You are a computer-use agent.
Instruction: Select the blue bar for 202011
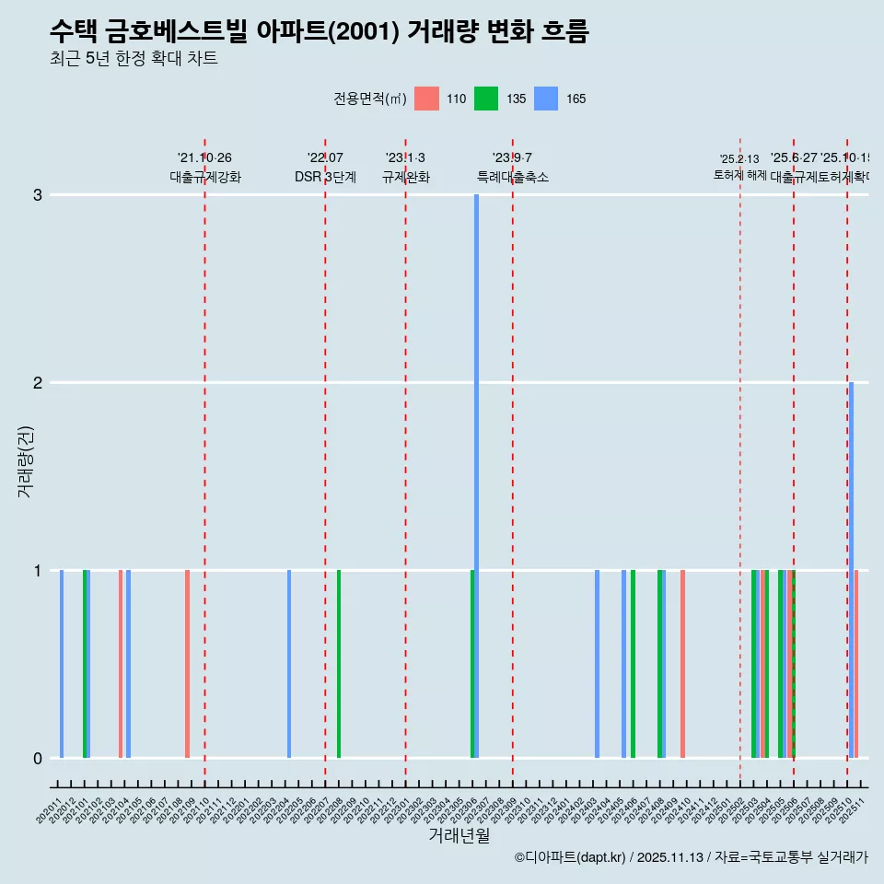click(62, 664)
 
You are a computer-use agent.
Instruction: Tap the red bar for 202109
click(187, 664)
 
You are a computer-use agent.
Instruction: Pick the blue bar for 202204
click(289, 664)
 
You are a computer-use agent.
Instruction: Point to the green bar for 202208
click(339, 664)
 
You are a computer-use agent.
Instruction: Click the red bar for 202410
click(682, 664)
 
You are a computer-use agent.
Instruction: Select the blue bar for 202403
click(597, 664)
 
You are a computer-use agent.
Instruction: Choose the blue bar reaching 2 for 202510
click(851, 570)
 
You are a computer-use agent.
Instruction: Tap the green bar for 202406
click(633, 664)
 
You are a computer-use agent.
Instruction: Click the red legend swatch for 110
click(426, 99)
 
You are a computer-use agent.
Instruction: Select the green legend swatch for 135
click(486, 99)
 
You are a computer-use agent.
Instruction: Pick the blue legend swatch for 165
click(546, 99)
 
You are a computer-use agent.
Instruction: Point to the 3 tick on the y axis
click(38, 194)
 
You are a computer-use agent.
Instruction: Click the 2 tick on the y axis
click(38, 382)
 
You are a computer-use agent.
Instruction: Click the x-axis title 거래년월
click(459, 835)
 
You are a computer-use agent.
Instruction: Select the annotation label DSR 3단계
click(325, 177)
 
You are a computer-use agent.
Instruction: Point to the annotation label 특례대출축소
click(512, 177)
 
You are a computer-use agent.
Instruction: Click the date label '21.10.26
click(204, 158)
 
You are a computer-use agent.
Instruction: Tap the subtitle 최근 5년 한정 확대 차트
click(134, 59)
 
